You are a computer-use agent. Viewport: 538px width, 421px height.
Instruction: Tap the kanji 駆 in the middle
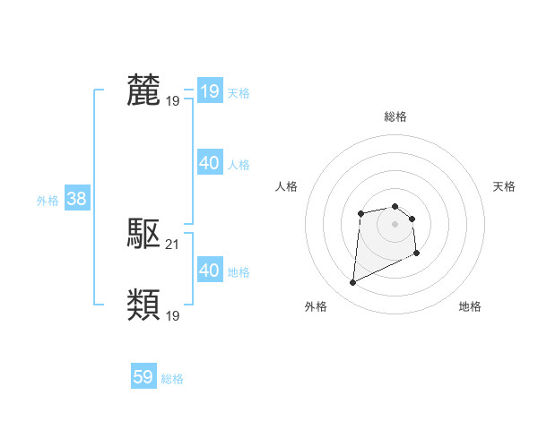(144, 235)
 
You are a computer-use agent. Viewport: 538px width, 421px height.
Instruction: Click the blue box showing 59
(143, 377)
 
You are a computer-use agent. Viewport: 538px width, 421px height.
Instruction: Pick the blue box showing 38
(76, 199)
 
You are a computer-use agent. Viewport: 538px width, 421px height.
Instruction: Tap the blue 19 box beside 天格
(209, 91)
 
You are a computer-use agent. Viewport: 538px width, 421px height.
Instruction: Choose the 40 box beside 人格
(209, 163)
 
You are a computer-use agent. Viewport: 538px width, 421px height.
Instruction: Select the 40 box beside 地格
(209, 271)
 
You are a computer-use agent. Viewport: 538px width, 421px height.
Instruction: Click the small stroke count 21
(173, 245)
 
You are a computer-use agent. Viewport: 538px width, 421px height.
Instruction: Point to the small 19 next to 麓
(173, 101)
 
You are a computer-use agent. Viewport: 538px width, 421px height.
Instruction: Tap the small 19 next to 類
(173, 316)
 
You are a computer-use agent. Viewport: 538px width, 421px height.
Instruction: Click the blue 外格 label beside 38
(48, 201)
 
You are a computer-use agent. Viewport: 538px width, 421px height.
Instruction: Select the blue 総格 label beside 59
(172, 379)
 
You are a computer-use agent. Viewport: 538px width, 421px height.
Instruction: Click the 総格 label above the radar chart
(395, 116)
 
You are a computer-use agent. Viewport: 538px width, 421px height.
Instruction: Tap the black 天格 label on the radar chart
(504, 186)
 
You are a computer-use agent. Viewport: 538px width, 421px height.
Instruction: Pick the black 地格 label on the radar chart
(470, 306)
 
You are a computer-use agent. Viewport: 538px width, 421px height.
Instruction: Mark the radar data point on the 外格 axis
(352, 283)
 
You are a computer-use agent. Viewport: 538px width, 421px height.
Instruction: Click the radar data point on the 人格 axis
(360, 212)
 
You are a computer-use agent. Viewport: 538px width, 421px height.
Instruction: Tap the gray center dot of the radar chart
(395, 223)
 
